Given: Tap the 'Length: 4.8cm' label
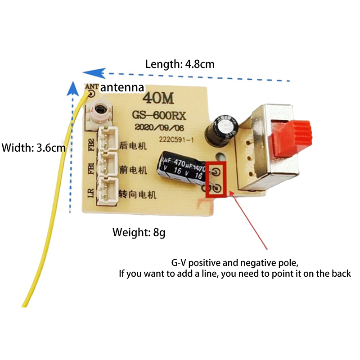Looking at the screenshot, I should click(180, 64).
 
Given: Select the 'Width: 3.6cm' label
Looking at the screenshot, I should click(34, 147).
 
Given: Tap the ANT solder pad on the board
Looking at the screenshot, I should click(92, 94).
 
